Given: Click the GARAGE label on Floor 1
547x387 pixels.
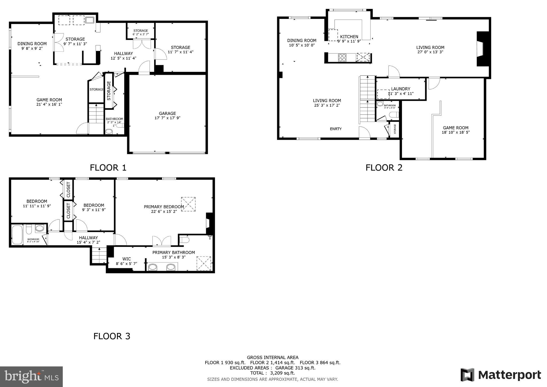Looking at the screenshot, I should (x=167, y=113).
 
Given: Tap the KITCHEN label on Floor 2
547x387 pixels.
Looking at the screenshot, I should (x=349, y=37).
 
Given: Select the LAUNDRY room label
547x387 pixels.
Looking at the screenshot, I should (x=400, y=89).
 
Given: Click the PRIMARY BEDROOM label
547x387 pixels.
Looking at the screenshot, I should (x=164, y=207).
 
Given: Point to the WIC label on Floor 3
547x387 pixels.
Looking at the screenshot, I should (x=126, y=259).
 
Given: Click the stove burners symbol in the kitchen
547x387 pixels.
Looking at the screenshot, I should (x=342, y=58).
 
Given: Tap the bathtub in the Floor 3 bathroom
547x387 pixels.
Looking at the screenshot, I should (x=17, y=235).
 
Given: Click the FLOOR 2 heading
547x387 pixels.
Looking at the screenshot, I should (x=384, y=168).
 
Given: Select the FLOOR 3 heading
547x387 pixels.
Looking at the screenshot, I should (x=112, y=336).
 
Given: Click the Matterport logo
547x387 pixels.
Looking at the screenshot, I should (x=501, y=375).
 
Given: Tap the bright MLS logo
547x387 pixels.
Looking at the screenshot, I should (x=31, y=377).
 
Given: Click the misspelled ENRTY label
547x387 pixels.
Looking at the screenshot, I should (x=335, y=129).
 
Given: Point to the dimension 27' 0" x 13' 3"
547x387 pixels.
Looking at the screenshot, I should (x=430, y=52).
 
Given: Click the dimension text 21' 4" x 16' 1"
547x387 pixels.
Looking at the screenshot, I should (x=49, y=105).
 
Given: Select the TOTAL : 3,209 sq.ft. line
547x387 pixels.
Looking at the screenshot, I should (x=272, y=373).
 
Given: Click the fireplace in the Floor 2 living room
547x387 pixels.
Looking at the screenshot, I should (x=482, y=49).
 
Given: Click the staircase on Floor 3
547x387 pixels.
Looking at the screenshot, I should (x=99, y=255).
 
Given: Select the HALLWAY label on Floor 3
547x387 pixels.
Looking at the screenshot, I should (x=88, y=238).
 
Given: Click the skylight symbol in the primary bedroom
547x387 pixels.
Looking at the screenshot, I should (x=188, y=204).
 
